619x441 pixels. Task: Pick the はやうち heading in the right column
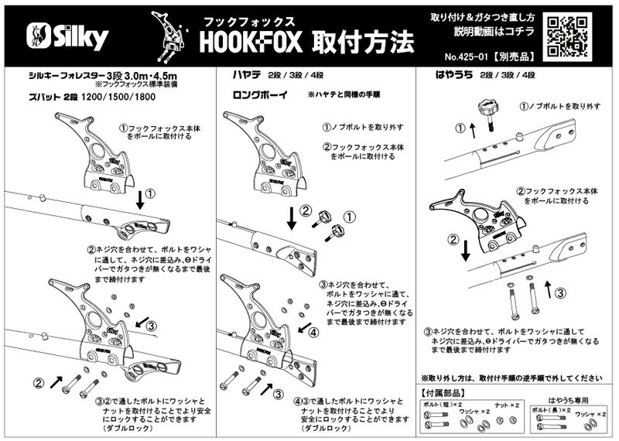(450, 77)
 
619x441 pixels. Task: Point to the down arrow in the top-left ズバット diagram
(141, 200)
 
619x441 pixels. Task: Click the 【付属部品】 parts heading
(444, 394)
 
